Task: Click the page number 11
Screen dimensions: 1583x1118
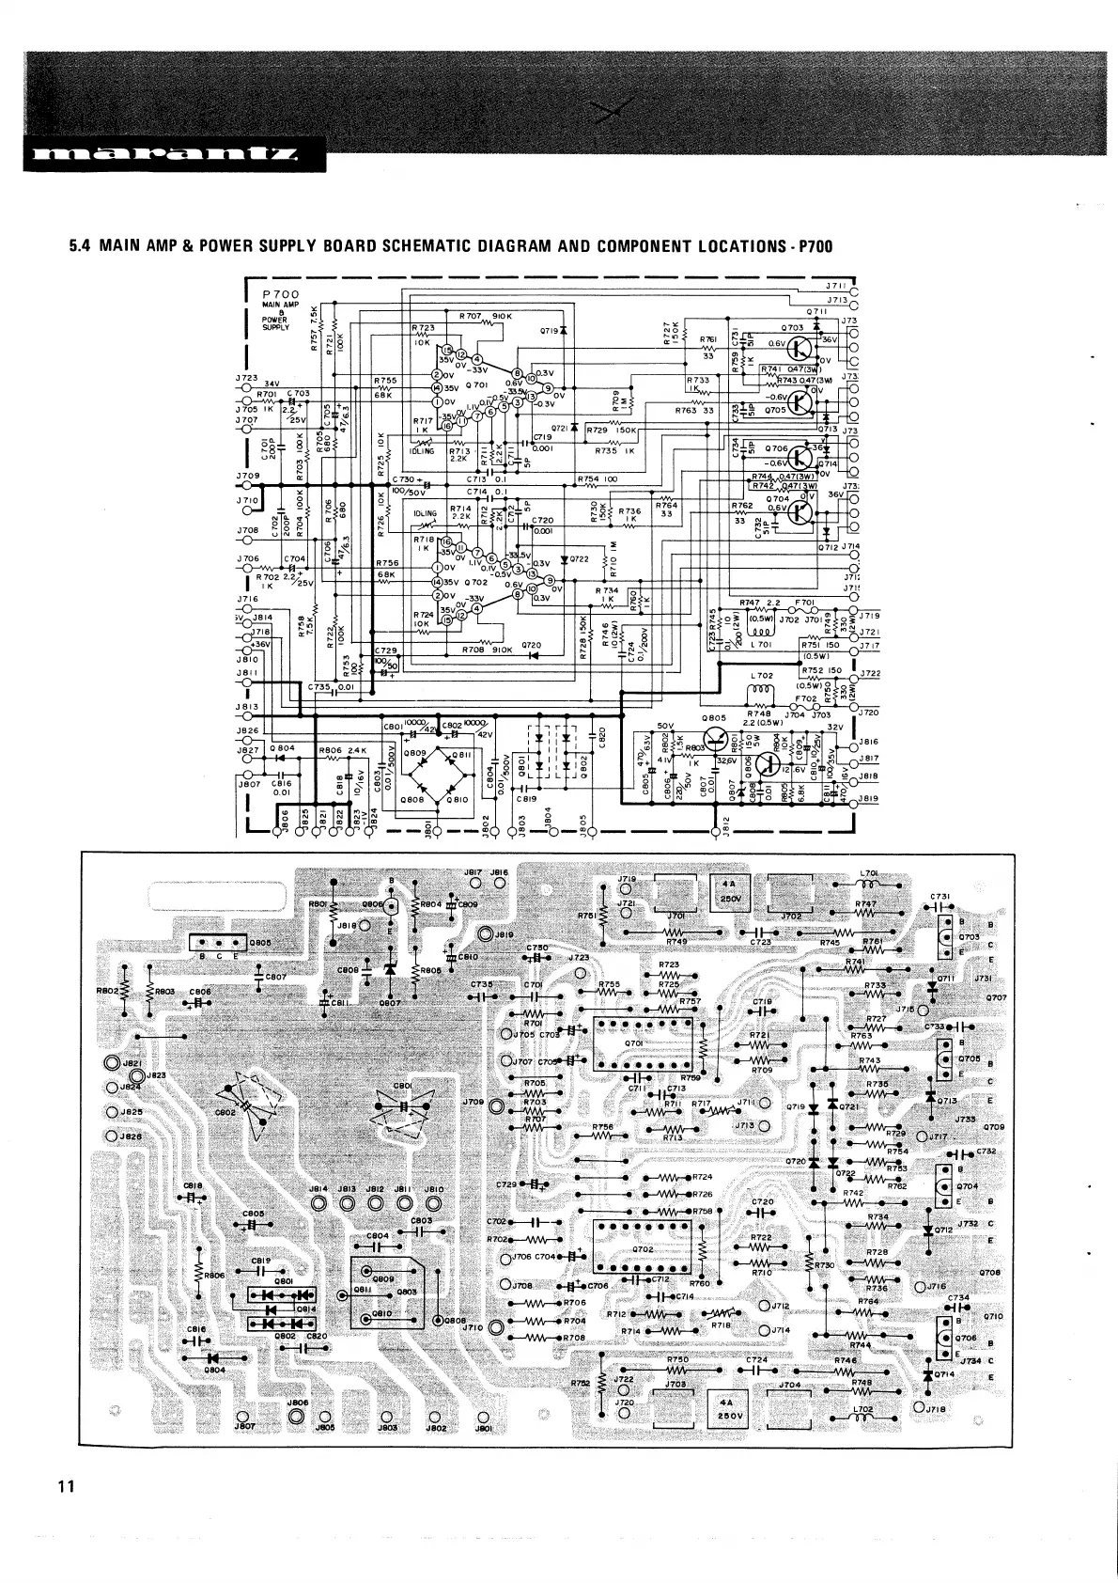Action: (x=65, y=1486)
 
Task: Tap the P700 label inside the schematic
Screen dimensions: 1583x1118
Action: (x=281, y=295)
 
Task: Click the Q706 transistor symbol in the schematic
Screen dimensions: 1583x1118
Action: (x=800, y=458)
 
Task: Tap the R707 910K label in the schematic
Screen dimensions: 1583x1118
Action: (x=484, y=316)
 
